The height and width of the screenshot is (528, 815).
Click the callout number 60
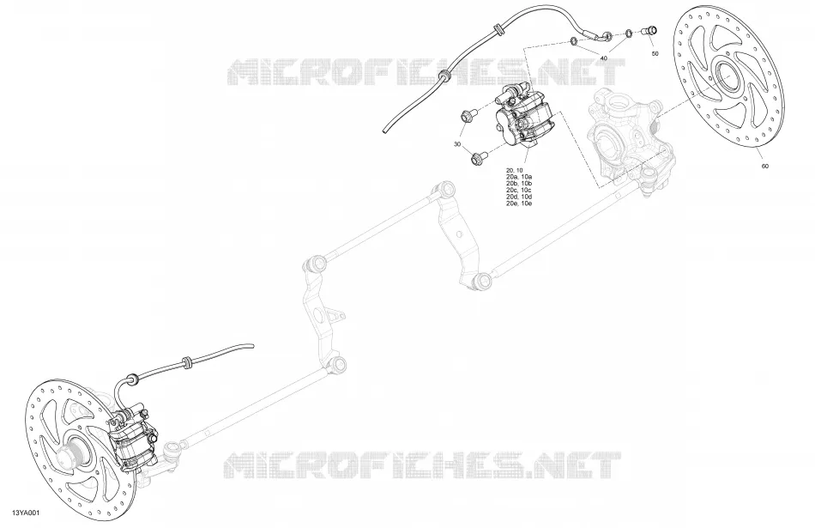point(764,167)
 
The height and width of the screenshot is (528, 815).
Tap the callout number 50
point(655,53)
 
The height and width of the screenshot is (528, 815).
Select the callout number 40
point(603,58)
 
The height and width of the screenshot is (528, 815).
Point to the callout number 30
point(457,144)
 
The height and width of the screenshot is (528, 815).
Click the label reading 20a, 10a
point(519,177)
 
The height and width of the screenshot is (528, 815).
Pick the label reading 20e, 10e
point(519,203)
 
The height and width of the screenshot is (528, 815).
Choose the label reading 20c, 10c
point(519,191)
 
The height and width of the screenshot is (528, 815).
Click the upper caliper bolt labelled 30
point(466,117)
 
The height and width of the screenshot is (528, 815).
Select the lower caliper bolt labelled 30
point(478,157)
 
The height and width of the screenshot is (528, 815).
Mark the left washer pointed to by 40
point(574,40)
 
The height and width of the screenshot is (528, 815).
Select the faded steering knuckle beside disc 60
point(624,137)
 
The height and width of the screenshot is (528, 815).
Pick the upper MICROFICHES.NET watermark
point(426,72)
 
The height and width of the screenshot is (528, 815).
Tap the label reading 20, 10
point(514,171)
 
